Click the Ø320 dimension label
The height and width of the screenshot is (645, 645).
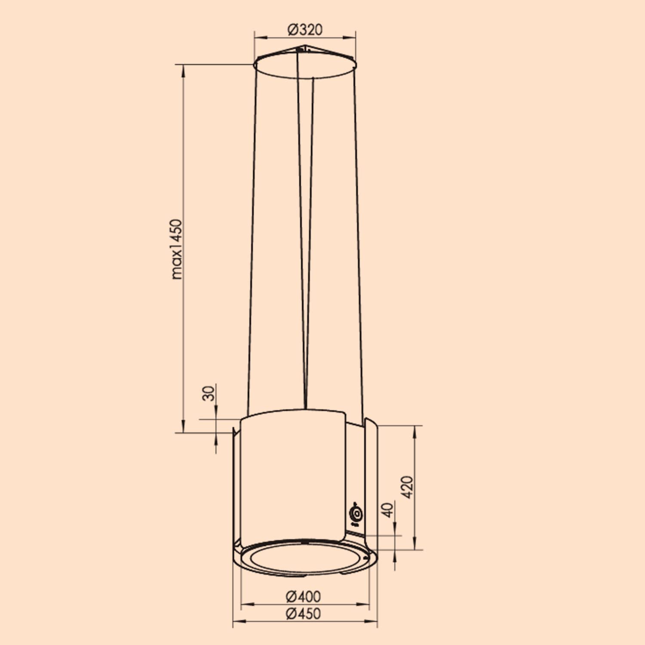point(304,30)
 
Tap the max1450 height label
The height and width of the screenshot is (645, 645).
point(177,249)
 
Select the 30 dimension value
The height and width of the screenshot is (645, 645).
point(209,393)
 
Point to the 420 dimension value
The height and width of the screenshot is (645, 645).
point(407,487)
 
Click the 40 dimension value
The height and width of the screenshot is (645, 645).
point(388,510)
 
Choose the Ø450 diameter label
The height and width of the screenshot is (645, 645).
point(303,614)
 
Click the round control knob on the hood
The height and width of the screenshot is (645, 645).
point(356,514)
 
